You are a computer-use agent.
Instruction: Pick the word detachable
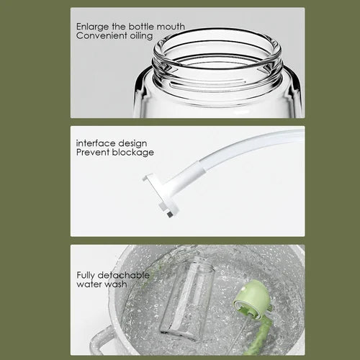tap(126, 275)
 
